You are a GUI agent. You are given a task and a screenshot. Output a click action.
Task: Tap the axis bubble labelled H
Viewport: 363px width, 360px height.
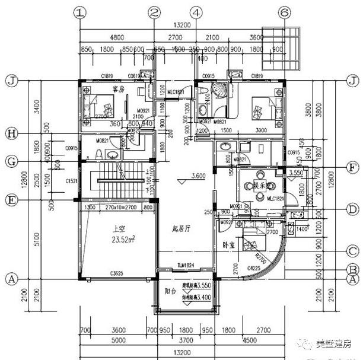coord(10,133)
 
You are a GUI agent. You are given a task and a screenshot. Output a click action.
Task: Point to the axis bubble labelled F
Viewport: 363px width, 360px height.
coord(352,168)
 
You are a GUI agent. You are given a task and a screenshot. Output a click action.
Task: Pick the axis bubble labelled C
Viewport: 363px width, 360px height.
coord(352,250)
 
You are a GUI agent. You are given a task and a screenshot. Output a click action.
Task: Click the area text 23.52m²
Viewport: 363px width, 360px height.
coord(120,240)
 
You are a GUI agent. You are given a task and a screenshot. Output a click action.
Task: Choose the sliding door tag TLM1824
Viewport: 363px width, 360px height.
coord(186,265)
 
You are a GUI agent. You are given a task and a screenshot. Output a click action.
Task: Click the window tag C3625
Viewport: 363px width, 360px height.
coord(117,274)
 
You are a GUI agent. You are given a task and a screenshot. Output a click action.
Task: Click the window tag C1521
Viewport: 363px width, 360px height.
coord(73,180)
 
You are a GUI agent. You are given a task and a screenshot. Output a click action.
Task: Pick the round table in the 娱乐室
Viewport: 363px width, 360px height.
coord(259,185)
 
